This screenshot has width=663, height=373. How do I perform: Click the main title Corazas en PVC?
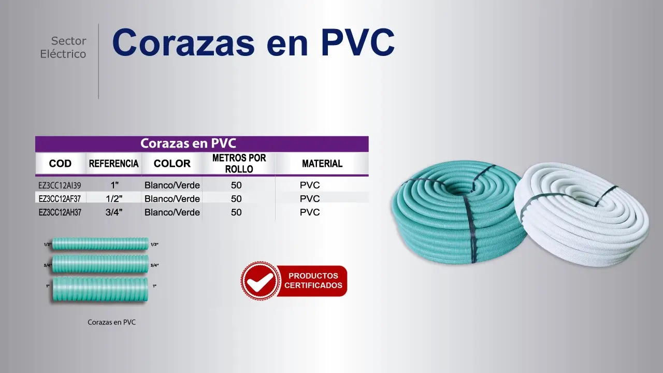pyautogui.click(x=253, y=42)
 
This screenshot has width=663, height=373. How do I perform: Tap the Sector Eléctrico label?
pyautogui.click(x=63, y=47)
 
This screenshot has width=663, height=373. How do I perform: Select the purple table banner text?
pyautogui.click(x=188, y=144)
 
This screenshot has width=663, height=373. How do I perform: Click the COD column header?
pyautogui.click(x=60, y=163)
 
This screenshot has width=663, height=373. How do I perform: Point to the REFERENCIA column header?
pyautogui.click(x=113, y=163)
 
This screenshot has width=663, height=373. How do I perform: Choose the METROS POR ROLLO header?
pyautogui.click(x=239, y=163)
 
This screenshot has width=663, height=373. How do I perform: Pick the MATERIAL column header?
pyautogui.click(x=322, y=163)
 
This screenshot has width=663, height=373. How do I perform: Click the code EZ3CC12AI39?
pyautogui.click(x=60, y=185)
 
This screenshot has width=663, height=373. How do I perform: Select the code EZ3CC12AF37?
pyautogui.click(x=60, y=199)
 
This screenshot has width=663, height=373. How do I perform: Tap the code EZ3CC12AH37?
pyautogui.click(x=60, y=212)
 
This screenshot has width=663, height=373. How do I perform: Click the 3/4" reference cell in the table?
pyautogui.click(x=114, y=212)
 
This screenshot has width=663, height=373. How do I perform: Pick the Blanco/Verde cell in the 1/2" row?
pyautogui.click(x=172, y=198)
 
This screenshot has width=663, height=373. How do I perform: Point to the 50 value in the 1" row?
pyautogui.click(x=236, y=185)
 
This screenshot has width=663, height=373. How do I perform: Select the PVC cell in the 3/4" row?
pyautogui.click(x=310, y=212)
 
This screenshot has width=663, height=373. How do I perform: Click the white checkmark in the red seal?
pyautogui.click(x=260, y=281)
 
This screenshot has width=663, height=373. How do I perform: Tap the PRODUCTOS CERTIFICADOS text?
pyautogui.click(x=313, y=280)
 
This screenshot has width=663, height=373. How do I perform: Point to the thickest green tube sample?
pyautogui.click(x=100, y=290)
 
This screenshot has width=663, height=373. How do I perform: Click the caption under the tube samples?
pyautogui.click(x=111, y=322)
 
